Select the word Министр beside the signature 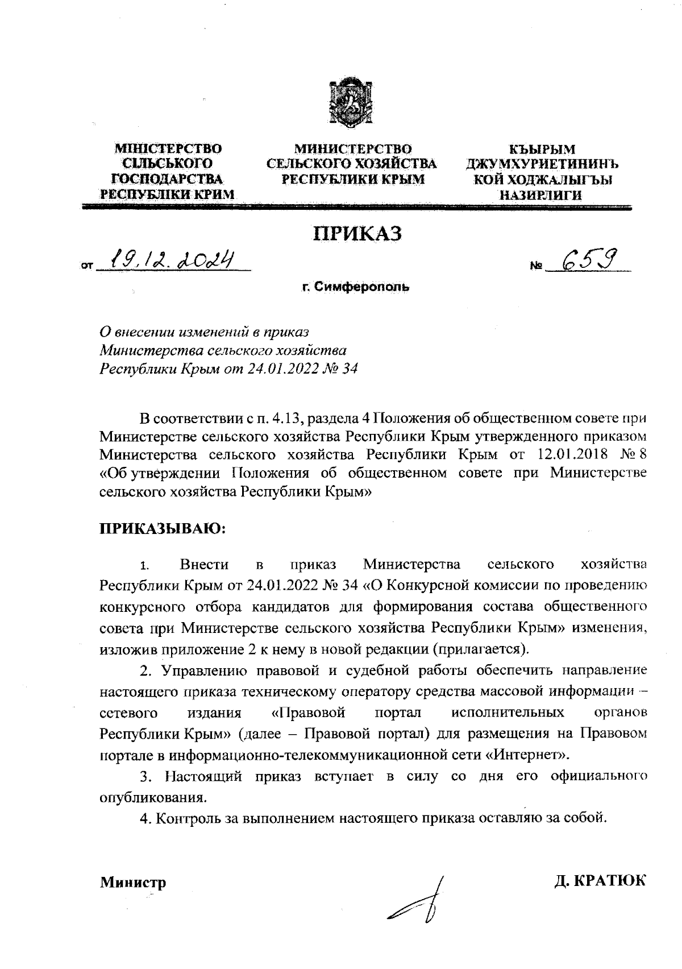(x=133, y=883)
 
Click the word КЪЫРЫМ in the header (x=542, y=150)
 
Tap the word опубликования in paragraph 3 (x=152, y=797)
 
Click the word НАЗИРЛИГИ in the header (x=541, y=195)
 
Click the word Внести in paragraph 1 (x=204, y=565)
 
